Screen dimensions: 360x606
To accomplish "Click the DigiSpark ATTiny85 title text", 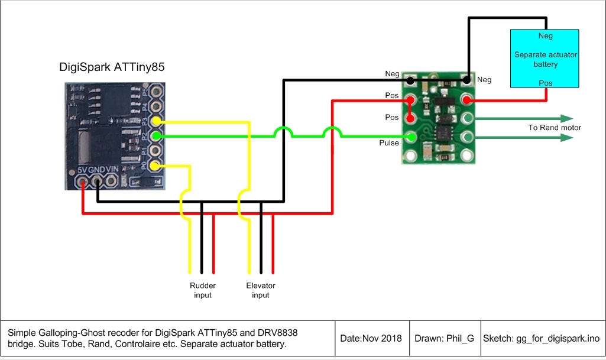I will pos(112,67).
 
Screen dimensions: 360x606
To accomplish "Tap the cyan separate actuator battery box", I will pos(545,59).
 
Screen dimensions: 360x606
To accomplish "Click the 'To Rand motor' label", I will pos(555,128).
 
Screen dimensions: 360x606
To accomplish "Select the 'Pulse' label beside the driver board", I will pos(389,142).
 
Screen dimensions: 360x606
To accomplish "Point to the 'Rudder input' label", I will pos(202,290).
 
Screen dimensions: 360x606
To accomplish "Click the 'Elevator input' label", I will pos(261,290).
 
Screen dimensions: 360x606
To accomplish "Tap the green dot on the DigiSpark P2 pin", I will pos(155,136).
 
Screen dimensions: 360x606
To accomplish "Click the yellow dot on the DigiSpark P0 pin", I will pos(154,167).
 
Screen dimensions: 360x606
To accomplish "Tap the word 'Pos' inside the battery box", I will pos(546,83).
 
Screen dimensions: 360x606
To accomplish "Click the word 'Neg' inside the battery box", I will pos(546,36).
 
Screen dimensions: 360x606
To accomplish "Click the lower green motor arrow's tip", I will pos(572,138).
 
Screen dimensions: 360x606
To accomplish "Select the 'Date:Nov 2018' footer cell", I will pos(371,339).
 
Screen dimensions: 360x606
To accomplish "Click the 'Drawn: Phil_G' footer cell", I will pos(444,339).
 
